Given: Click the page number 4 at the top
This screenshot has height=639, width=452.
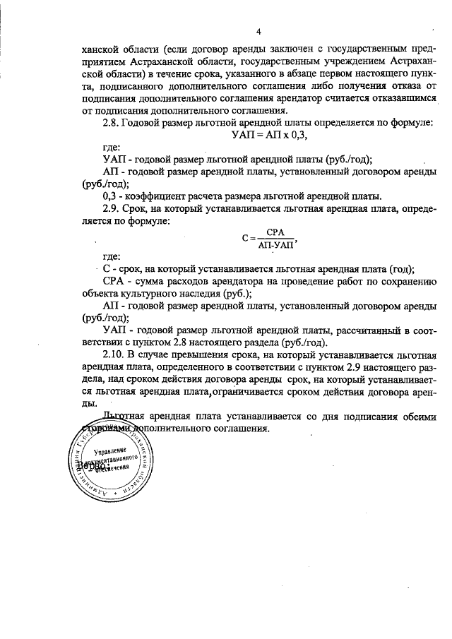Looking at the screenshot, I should pos(258,32).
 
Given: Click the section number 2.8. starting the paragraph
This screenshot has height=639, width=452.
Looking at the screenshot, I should pos(113,123).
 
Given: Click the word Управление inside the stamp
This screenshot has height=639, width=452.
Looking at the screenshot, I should pos(109,450).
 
